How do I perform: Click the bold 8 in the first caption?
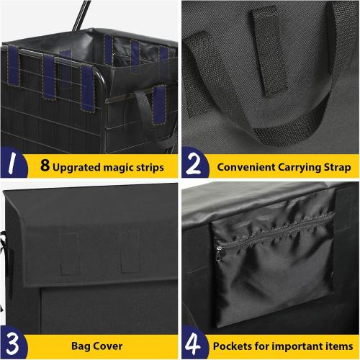[x=45, y=167]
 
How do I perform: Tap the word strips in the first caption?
[x=148, y=167]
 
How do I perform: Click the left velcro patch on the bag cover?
[x=68, y=253]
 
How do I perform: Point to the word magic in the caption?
[x=119, y=168]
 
